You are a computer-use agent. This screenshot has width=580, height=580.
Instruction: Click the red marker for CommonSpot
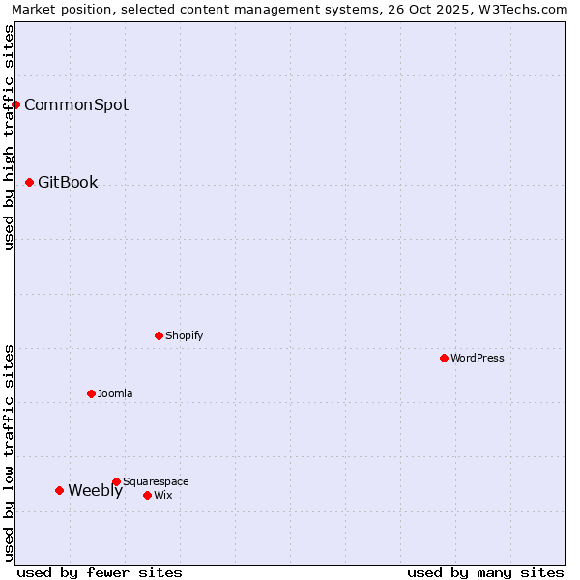[x=16, y=104]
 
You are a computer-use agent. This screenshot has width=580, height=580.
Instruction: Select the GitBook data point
[x=30, y=182]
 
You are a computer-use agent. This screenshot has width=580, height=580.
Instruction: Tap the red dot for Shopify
[x=159, y=335]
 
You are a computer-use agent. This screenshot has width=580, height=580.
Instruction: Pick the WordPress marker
[x=445, y=358]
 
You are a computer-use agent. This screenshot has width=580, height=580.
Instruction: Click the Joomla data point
[x=92, y=393]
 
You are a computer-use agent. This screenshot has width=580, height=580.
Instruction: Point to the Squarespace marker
[x=117, y=481]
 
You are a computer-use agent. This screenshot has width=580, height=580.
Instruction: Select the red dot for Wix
[x=148, y=495]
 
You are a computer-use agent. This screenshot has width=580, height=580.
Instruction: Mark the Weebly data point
[x=60, y=490]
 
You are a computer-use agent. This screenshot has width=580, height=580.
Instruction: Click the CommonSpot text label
[x=76, y=104]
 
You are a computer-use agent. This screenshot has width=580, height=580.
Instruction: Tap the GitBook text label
[x=68, y=182]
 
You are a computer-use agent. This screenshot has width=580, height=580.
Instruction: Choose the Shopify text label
[x=184, y=335]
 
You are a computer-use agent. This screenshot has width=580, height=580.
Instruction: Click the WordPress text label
[x=478, y=358]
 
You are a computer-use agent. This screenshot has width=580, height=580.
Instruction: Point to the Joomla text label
[x=115, y=393]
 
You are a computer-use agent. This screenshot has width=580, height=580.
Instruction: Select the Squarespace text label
[x=156, y=481]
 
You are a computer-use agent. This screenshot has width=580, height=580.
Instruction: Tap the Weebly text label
[x=95, y=490]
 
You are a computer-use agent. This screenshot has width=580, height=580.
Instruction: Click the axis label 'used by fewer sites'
[x=100, y=572]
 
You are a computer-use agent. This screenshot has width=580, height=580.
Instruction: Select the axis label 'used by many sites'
[x=485, y=572]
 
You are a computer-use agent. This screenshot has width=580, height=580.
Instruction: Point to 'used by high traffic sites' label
[x=10, y=137]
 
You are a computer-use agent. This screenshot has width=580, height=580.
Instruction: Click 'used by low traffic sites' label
[x=10, y=452]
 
